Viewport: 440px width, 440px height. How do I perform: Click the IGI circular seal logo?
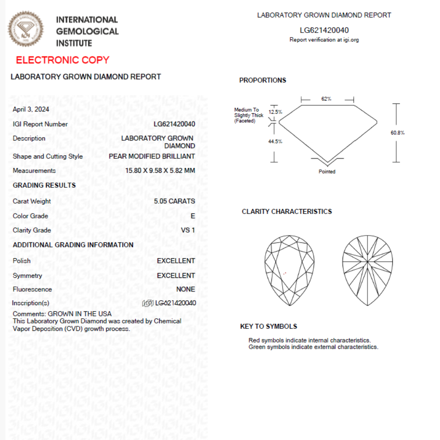(x=26, y=29)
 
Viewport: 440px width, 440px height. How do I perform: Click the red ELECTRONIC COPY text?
(x=63, y=60)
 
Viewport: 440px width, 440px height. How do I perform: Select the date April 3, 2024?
(x=31, y=109)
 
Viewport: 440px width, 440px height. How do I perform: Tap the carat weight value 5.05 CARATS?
(x=174, y=201)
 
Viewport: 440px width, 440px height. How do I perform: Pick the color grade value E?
(x=193, y=216)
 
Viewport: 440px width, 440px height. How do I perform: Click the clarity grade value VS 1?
(x=188, y=230)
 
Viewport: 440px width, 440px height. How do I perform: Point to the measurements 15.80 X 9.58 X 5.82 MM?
(x=160, y=171)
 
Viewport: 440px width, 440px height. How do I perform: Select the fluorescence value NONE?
(x=185, y=289)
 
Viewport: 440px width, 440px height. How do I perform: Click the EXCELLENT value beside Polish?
(x=176, y=261)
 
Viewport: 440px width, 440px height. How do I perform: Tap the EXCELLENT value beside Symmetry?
(x=176, y=275)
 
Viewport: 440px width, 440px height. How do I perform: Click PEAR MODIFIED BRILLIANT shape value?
(x=152, y=156)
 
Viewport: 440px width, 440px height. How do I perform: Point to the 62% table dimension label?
(x=326, y=99)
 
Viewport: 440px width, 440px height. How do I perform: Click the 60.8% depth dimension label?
(x=398, y=133)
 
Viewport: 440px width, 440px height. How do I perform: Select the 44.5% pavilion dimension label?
(x=275, y=141)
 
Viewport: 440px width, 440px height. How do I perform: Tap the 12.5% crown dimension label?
(x=275, y=112)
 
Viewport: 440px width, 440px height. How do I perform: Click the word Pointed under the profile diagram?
(x=327, y=172)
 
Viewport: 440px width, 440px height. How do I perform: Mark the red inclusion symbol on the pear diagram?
(x=285, y=273)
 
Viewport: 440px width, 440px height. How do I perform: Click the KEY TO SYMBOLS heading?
(x=268, y=326)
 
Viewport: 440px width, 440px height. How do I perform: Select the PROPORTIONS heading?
(x=263, y=80)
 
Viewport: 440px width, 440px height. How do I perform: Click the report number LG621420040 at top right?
(x=324, y=30)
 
